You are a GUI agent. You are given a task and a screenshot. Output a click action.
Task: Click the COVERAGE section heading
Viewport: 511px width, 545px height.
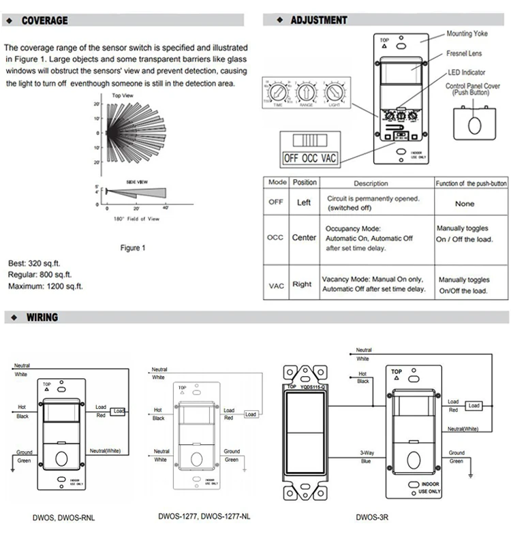click(x=45, y=20)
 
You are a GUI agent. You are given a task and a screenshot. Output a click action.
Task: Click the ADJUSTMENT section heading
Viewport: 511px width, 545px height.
click(x=319, y=20)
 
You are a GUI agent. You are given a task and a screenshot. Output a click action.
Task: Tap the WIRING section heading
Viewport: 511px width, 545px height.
click(x=42, y=317)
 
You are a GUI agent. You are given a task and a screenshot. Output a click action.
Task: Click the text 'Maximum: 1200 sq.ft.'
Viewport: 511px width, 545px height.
click(x=46, y=286)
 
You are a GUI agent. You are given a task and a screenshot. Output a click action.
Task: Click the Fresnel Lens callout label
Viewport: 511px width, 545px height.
click(x=465, y=52)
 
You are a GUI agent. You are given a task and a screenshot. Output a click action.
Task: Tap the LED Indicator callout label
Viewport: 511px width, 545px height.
click(x=466, y=72)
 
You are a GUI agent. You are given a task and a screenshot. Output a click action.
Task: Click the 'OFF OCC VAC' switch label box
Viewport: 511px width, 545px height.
click(x=310, y=159)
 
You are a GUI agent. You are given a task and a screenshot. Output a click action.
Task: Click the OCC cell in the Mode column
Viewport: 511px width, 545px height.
click(x=275, y=238)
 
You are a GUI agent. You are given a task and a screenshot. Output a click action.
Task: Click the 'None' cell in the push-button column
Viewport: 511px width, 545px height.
click(x=465, y=204)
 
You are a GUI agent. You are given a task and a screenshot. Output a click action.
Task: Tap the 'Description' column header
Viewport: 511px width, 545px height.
click(x=371, y=183)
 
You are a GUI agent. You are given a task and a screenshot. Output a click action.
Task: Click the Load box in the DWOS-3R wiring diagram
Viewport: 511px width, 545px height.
click(x=473, y=406)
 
